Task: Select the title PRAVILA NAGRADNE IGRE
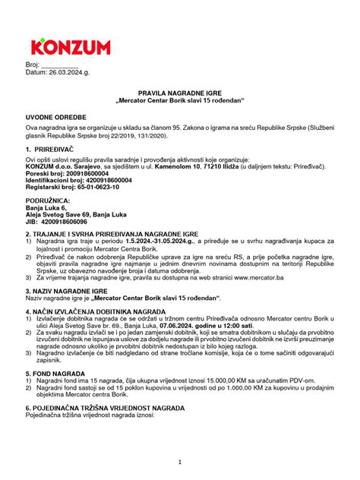coord(179,90)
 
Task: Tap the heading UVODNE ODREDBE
coord(57,118)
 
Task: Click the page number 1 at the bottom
coord(180,462)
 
